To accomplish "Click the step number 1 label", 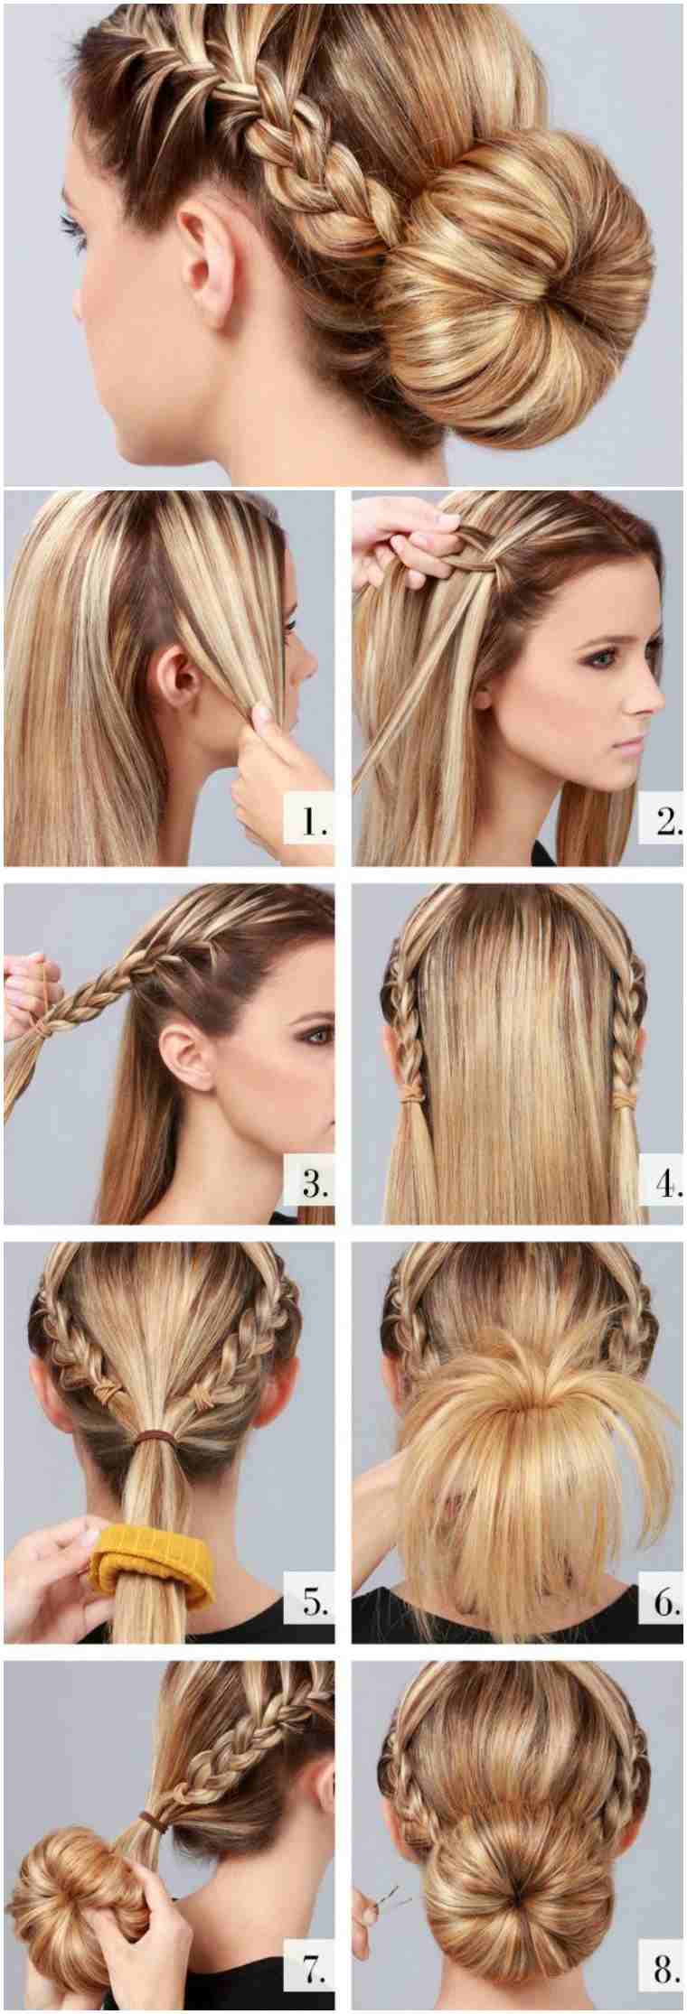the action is (313, 822).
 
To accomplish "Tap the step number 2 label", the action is (668, 823).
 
